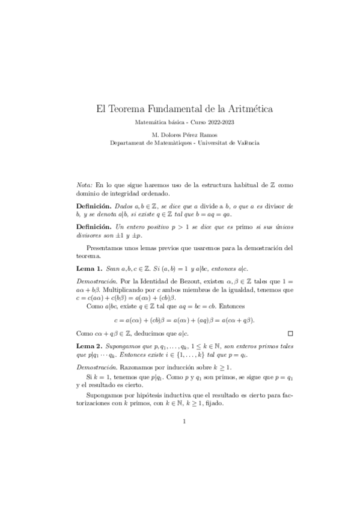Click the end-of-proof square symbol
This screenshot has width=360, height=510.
(x=290, y=332)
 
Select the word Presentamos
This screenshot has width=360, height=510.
(x=106, y=247)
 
